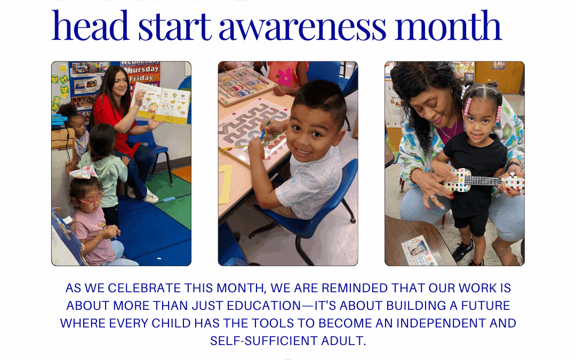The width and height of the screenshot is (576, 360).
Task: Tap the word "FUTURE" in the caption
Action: pos(482,306)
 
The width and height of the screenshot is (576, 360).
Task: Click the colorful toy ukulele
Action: pos(480,181)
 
